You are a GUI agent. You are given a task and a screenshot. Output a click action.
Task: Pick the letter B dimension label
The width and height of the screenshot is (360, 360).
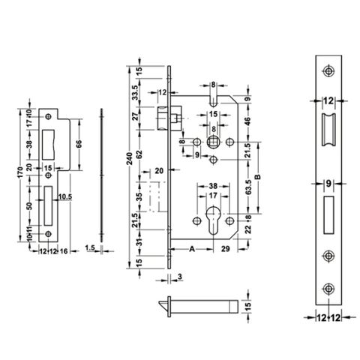[259, 177]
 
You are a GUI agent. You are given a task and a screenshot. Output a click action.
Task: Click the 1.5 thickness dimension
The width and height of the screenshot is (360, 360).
[89, 247]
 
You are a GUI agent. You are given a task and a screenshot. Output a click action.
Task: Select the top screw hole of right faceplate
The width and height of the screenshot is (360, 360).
[327, 70]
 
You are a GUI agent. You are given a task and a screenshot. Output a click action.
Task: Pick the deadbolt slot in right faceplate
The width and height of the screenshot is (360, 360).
[327, 213]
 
